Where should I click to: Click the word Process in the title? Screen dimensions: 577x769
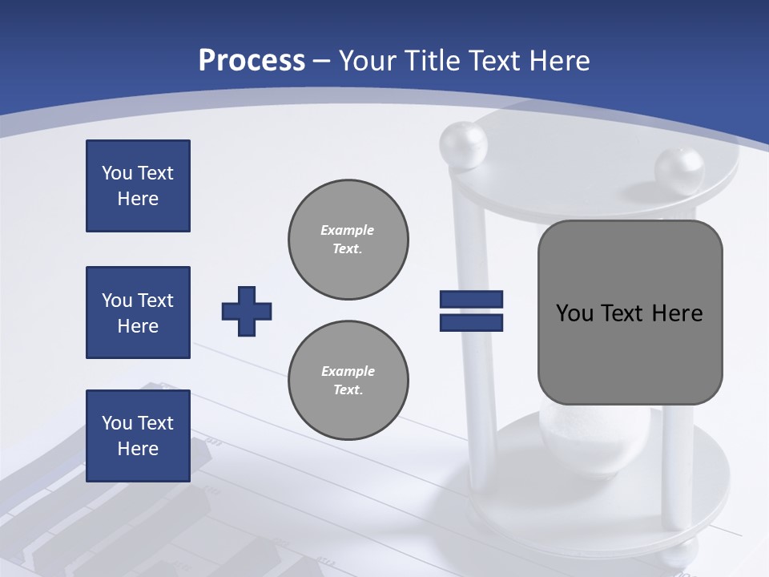click(x=252, y=61)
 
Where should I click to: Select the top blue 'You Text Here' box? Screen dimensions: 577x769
click(x=138, y=186)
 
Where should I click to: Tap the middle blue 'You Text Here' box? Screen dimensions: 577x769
click(x=138, y=313)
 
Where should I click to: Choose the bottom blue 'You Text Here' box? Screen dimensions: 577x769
click(x=138, y=436)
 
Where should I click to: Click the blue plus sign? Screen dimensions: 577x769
click(x=247, y=311)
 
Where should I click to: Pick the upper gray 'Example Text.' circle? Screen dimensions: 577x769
click(x=348, y=239)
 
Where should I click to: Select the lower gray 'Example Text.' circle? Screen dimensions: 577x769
click(x=348, y=380)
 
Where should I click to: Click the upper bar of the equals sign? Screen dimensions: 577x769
click(x=471, y=300)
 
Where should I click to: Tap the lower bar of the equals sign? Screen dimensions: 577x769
click(x=471, y=322)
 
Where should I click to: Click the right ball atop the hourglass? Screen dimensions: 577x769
click(x=678, y=171)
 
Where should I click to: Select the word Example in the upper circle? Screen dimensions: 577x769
click(x=348, y=230)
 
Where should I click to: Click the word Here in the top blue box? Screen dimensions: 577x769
click(x=138, y=199)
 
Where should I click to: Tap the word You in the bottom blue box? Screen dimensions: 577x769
click(x=115, y=423)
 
